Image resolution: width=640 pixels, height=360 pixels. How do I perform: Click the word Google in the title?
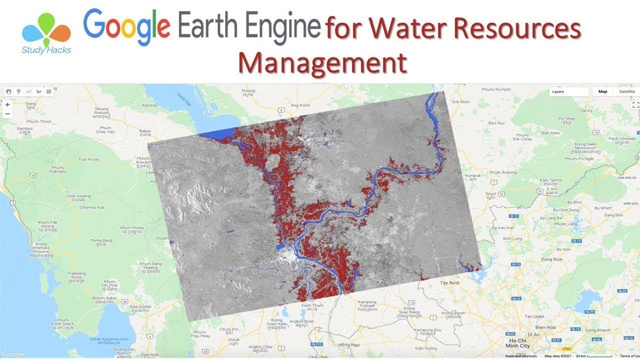pyautogui.click(x=126, y=27)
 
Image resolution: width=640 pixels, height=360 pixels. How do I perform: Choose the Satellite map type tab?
pyautogui.click(x=627, y=91)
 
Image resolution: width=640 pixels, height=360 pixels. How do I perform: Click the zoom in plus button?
pyautogui.click(x=7, y=105)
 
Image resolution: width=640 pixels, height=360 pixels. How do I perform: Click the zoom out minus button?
pyautogui.click(x=7, y=114)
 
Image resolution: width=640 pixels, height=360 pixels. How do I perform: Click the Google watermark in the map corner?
pyautogui.click(x=13, y=354)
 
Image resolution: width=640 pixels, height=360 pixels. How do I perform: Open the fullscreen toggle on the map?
pyautogui.click(x=635, y=105)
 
